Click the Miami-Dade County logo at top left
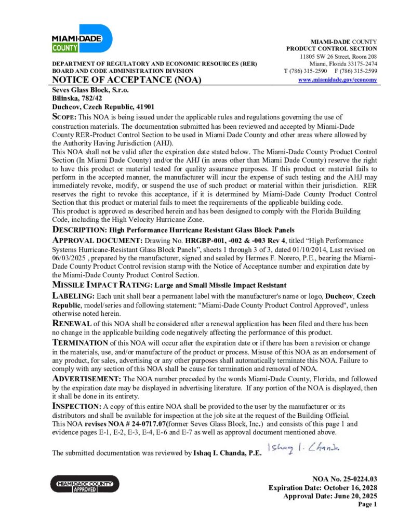pyautogui.click(x=82, y=38)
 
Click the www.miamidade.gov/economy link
pyautogui.click(x=338, y=79)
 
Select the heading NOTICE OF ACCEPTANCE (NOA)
pyautogui.click(x=126, y=80)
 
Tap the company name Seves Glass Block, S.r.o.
pyautogui.click(x=90, y=89)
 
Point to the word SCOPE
pyautogui.click(x=65, y=117)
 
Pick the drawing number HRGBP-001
pyautogui.click(x=205, y=241)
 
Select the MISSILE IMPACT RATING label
pyautogui.click(x=102, y=285)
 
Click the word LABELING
pyautogui.click(x=74, y=296)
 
